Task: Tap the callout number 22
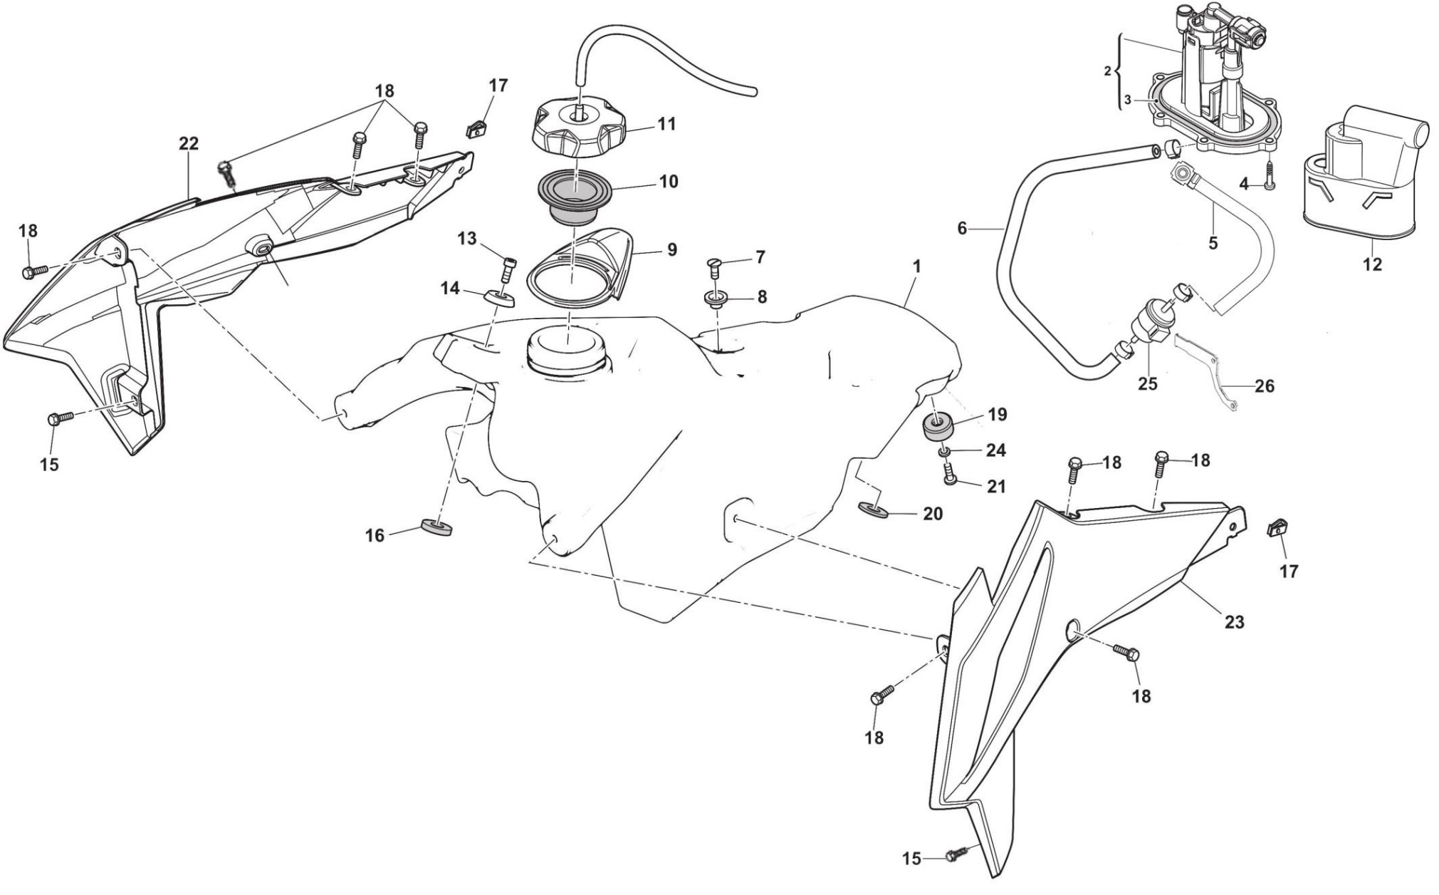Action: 189,144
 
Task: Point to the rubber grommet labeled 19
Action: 939,427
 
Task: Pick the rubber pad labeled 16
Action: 437,528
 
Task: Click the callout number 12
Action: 1371,264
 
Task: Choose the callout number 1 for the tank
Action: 917,267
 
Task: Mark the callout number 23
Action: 1234,622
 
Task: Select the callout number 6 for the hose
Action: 962,229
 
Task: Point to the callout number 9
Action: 672,250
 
